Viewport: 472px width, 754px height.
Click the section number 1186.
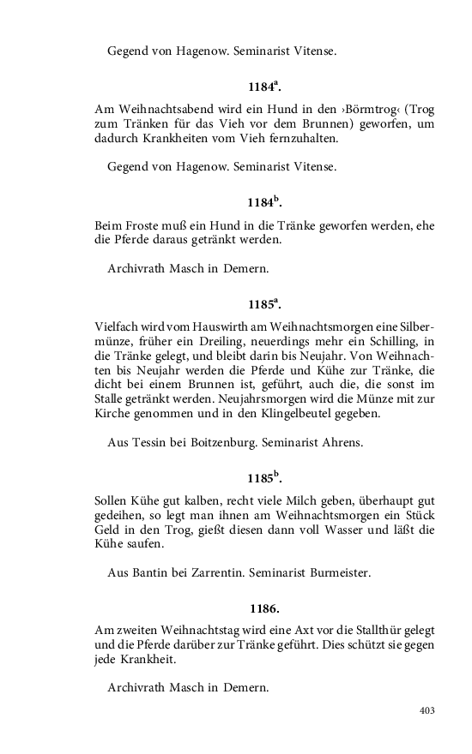coord(264,609)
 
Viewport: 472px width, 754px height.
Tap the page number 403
coord(427,710)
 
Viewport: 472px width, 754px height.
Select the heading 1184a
coord(264,87)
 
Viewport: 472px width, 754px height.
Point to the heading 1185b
coord(264,478)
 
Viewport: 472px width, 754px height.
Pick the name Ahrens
coord(342,443)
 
